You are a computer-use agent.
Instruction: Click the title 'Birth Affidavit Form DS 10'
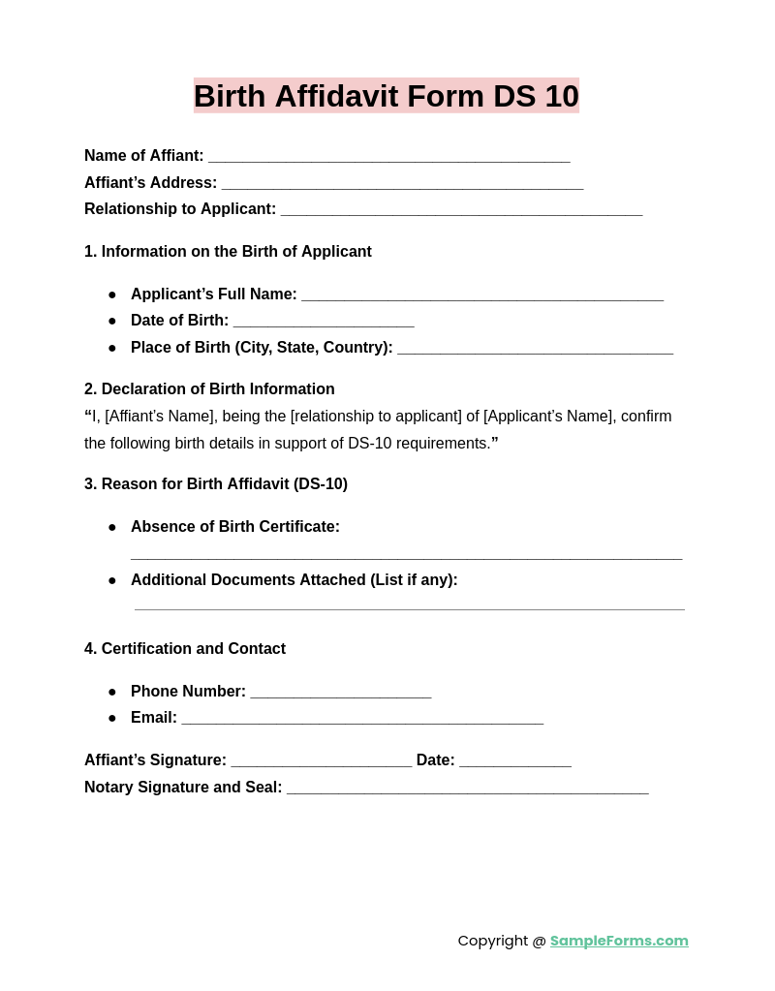click(386, 96)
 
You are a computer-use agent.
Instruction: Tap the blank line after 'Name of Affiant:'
click(388, 157)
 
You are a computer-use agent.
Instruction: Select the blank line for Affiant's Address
click(402, 184)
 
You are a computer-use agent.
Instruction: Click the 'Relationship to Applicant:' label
click(180, 209)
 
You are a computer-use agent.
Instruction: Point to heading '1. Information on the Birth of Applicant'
click(228, 252)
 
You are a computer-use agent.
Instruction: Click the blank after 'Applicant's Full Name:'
click(481, 295)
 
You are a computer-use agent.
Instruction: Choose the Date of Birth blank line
click(324, 322)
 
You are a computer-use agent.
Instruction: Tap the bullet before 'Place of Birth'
click(112, 348)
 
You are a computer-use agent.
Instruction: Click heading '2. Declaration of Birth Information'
click(209, 389)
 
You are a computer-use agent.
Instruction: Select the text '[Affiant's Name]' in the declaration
click(161, 417)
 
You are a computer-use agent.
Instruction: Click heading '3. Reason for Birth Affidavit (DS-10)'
click(216, 484)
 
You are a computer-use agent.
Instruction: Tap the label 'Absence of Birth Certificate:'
click(235, 527)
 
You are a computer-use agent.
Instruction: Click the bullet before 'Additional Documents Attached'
click(112, 580)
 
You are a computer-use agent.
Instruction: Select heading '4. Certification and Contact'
click(185, 649)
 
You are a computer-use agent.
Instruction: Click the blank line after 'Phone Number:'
click(340, 693)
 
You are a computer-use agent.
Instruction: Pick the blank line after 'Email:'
click(362, 719)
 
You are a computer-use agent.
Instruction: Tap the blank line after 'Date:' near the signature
click(514, 761)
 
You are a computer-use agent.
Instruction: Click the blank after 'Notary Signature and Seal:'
click(467, 789)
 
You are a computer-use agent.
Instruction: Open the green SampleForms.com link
click(619, 941)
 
